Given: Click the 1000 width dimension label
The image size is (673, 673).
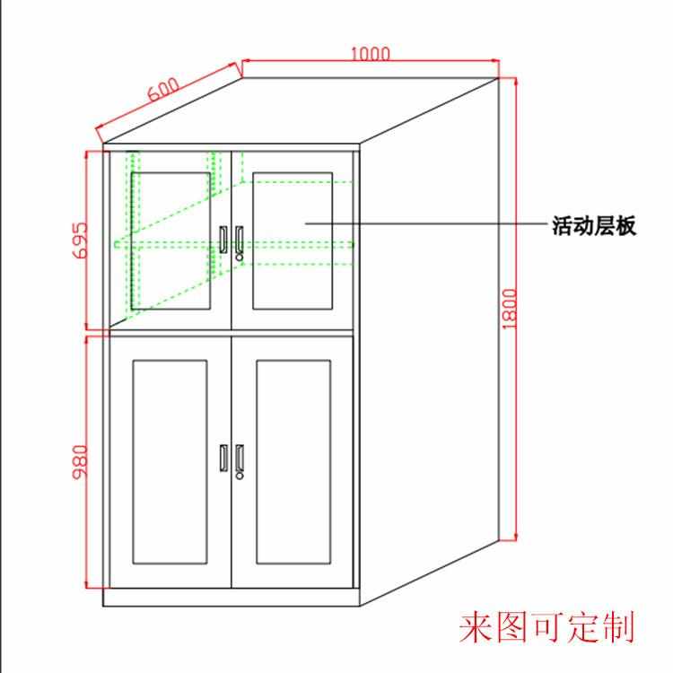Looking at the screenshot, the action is coord(370,53).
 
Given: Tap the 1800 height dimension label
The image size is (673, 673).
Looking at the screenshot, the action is coord(510,308).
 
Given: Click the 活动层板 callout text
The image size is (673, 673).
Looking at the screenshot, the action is coord(593,225).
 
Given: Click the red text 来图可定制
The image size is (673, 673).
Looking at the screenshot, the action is coord(546,627).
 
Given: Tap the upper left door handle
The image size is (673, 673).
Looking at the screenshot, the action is coord(222,239).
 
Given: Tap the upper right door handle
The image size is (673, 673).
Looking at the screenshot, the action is coord(240,239).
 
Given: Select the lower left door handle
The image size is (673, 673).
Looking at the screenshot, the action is coord(222,457).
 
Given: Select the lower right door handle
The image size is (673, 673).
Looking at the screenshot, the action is coord(240,457).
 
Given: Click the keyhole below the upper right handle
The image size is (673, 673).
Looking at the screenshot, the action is coord(240,257).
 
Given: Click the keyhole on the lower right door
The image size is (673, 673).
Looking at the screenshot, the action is coord(240,476).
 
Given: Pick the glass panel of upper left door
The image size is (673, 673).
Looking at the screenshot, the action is coord(171,240).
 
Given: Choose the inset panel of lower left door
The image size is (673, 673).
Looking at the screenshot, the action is coord(170,461).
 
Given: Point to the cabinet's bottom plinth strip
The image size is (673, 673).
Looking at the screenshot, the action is coord(231,598).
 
